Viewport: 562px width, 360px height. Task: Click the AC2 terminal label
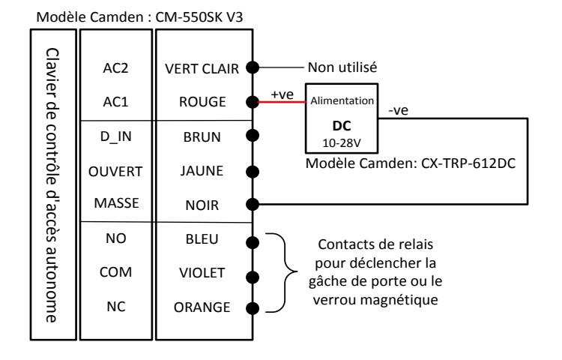(x=115, y=67)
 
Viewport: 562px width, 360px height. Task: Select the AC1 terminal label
(x=115, y=102)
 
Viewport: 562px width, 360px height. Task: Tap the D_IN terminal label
(x=115, y=136)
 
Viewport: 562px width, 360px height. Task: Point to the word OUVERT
(x=115, y=172)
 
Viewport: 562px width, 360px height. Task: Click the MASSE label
(x=116, y=203)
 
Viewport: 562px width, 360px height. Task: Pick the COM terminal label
(x=115, y=272)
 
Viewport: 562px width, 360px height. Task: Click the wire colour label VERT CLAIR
(x=202, y=68)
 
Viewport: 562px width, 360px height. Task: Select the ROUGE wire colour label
(x=202, y=102)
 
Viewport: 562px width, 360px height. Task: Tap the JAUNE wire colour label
(x=202, y=171)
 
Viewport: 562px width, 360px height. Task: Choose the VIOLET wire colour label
(x=202, y=273)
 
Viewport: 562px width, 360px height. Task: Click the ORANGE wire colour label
(x=202, y=307)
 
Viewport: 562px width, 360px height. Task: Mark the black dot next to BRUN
(x=253, y=136)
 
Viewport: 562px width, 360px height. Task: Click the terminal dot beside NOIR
(x=253, y=205)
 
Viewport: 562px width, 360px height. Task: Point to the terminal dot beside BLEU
(x=253, y=242)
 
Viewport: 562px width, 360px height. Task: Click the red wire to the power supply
(x=282, y=102)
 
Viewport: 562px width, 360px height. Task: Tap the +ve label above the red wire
(x=282, y=94)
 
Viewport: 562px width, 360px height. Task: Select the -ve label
(x=398, y=110)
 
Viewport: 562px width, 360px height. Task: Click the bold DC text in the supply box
(x=342, y=126)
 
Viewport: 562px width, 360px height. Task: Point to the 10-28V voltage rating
(x=342, y=143)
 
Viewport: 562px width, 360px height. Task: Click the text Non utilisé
(x=342, y=67)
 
